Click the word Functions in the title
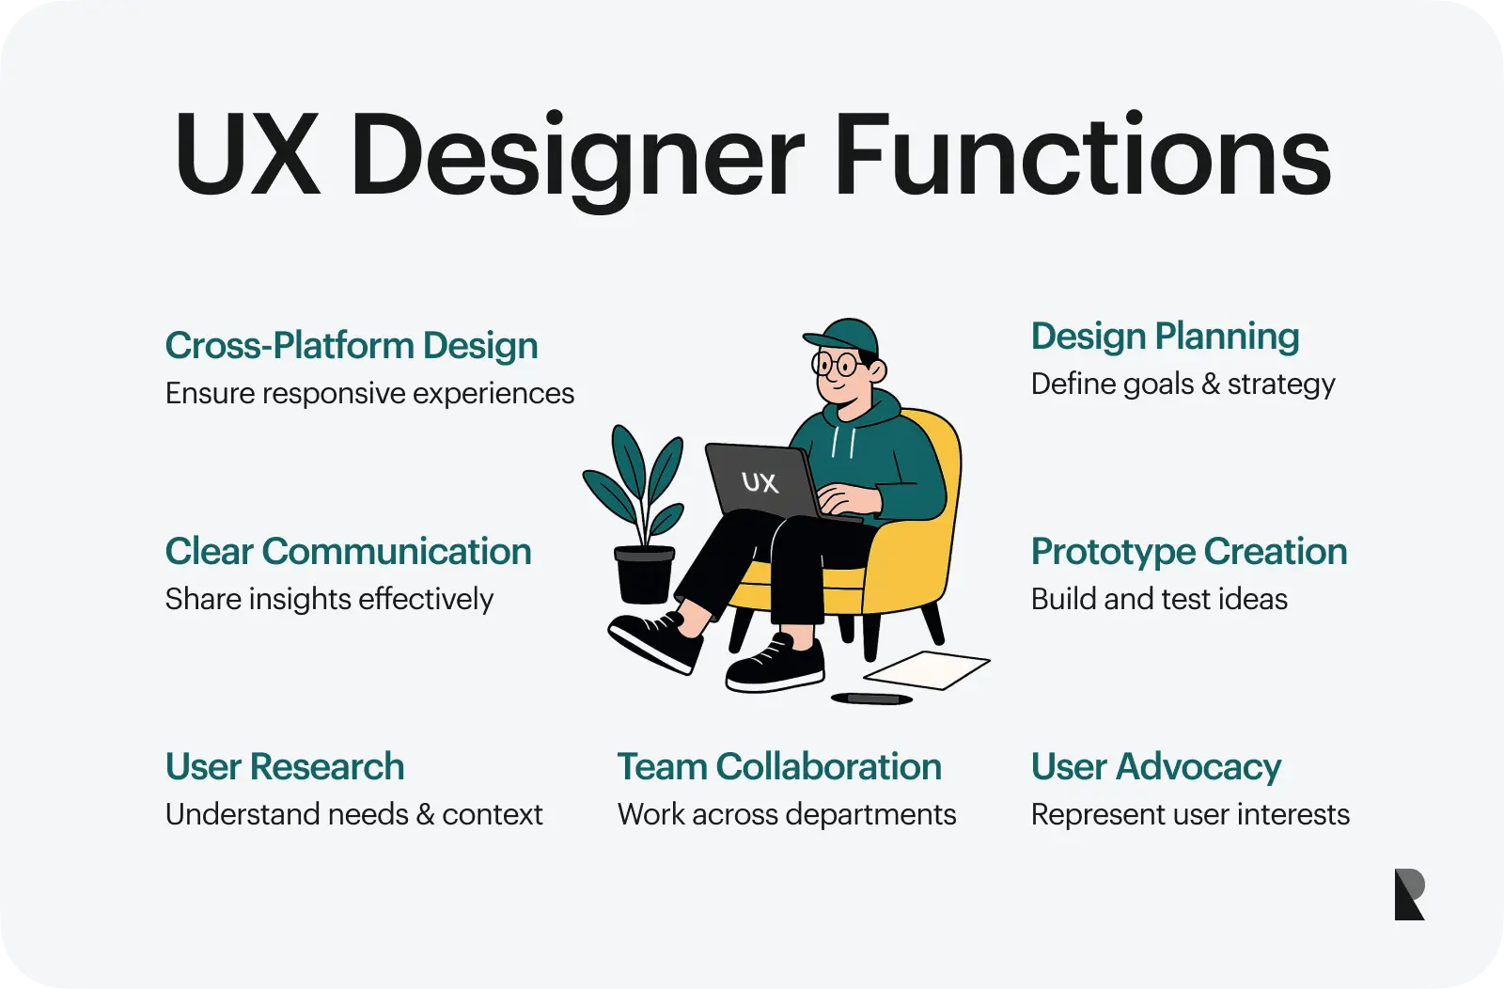(1082, 154)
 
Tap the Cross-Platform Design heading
(352, 346)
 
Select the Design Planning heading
(1165, 338)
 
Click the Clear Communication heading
(349, 551)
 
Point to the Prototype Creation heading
(1189, 553)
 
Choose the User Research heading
(285, 767)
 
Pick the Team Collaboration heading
(779, 767)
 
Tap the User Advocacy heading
(1156, 768)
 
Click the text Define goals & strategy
(1183, 385)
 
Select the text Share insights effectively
(329, 599)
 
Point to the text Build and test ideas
(1159, 599)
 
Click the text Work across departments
(786, 814)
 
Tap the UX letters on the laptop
(760, 482)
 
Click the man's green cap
(842, 336)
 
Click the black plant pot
(644, 574)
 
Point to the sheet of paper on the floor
(927, 670)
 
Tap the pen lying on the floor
(871, 699)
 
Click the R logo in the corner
(1409, 894)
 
